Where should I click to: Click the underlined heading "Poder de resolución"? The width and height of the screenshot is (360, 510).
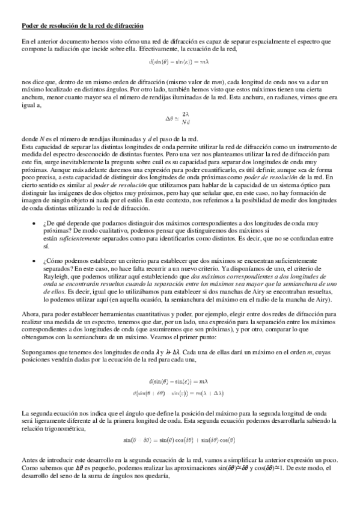[83, 26]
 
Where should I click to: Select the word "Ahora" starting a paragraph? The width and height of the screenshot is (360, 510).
[31, 315]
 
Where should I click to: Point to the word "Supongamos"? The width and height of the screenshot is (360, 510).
[38, 351]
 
